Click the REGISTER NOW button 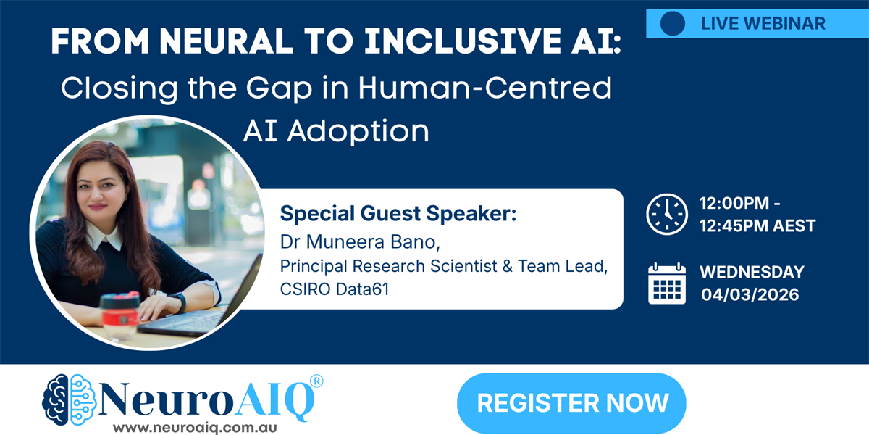(571, 403)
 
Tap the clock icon (667, 214)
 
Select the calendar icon (667, 283)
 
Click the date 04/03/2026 (750, 295)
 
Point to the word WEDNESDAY (752, 272)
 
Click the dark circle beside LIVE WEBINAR (673, 23)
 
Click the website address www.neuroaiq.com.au (195, 428)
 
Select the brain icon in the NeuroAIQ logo (70, 399)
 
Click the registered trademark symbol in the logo (317, 381)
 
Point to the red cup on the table (120, 317)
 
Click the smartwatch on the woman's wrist (178, 302)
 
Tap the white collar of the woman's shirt (104, 236)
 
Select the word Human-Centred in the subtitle (485, 88)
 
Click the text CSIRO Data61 (335, 289)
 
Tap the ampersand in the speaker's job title (507, 267)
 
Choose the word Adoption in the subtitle (358, 132)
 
